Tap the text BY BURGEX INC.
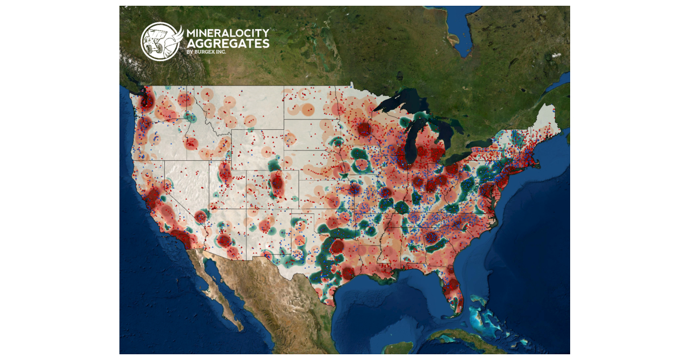pos(206,53)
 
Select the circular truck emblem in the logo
pos(160,41)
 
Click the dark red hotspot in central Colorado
pos(277,183)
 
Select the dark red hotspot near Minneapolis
pos(363,130)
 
